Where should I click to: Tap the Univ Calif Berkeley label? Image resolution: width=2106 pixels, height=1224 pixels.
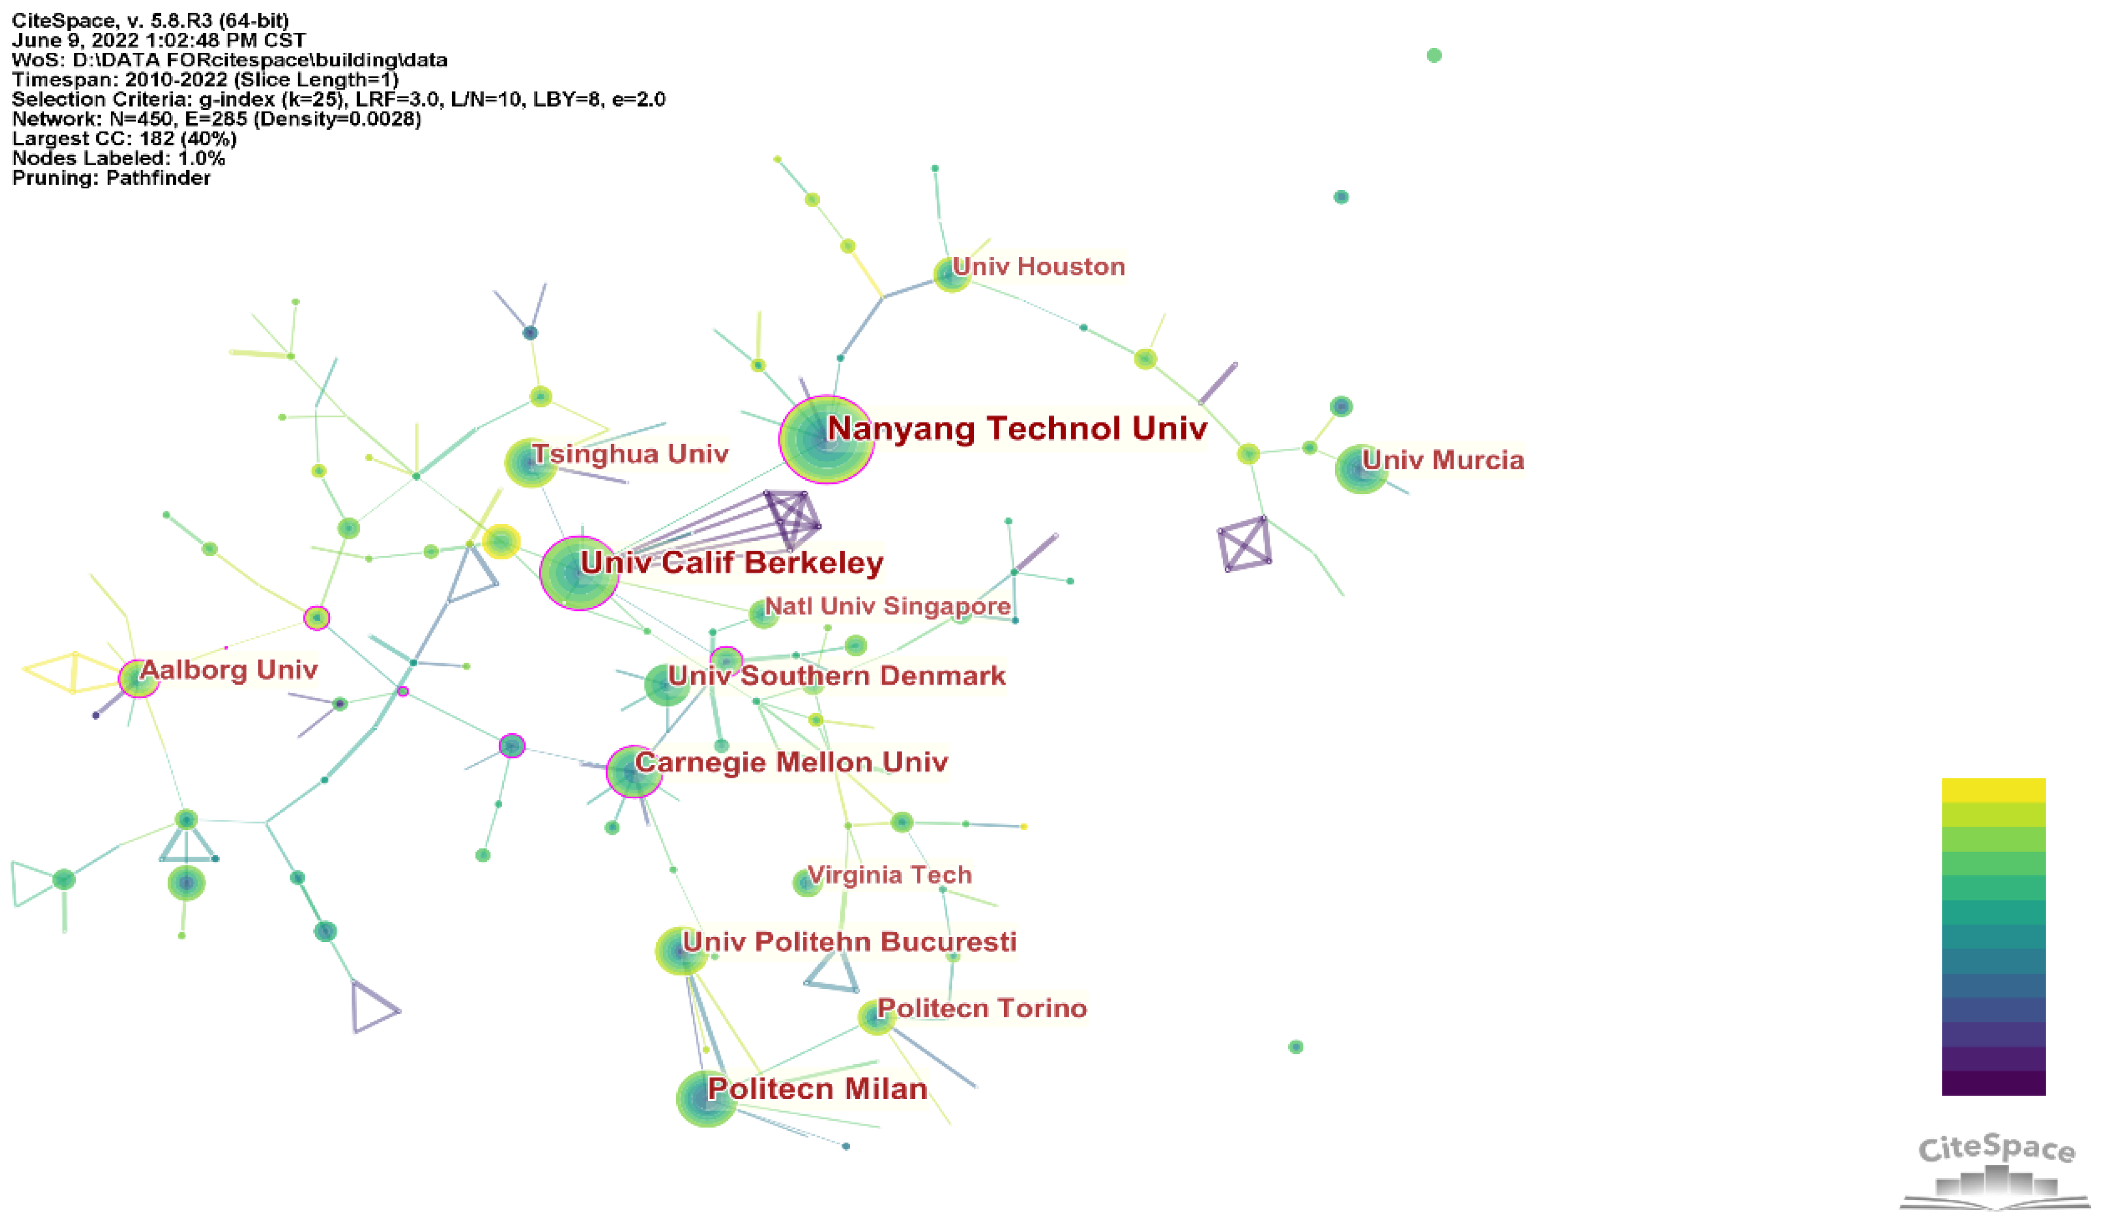point(731,562)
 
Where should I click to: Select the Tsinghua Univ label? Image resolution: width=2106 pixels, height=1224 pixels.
point(630,454)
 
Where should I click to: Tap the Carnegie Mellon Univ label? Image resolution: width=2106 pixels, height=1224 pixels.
point(791,762)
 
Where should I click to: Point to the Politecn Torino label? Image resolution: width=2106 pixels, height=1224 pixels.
point(981,1009)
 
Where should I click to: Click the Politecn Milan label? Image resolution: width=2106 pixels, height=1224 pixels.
point(817,1089)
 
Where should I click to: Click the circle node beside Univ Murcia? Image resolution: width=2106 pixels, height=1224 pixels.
point(1360,469)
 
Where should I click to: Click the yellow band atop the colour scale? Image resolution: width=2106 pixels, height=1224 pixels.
point(1993,790)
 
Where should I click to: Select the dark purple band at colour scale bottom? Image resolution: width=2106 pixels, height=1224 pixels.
point(1993,1083)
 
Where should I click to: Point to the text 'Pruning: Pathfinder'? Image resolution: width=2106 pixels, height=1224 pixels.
point(111,178)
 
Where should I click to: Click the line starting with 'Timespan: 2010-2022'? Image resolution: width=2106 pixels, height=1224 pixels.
point(205,80)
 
